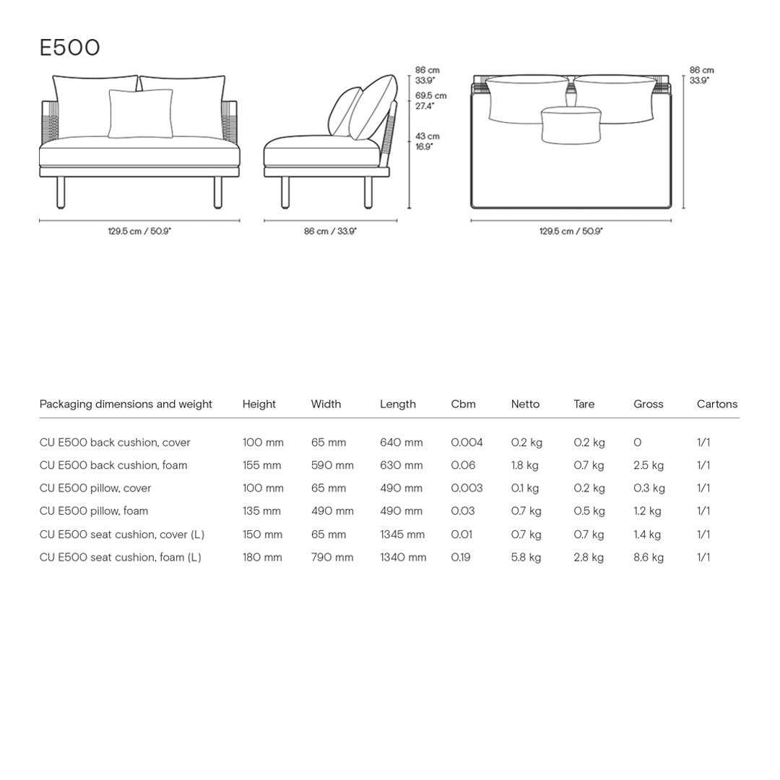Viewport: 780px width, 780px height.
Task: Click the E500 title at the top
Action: tap(69, 48)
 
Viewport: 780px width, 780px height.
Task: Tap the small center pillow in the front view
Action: tap(141, 113)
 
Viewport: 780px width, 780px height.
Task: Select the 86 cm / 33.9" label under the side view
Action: tap(330, 231)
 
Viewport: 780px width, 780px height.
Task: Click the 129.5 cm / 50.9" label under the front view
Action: tap(139, 231)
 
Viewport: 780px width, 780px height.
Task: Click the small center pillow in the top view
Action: tap(571, 124)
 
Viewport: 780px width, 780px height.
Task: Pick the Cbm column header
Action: tap(463, 404)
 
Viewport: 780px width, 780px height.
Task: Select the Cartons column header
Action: tap(716, 404)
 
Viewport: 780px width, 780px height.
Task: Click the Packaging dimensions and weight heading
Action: tap(126, 404)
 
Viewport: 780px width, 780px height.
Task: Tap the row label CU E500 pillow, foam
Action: tap(94, 511)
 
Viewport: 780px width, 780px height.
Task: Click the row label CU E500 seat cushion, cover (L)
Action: tap(122, 534)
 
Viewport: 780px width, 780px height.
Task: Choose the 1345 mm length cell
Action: tap(402, 534)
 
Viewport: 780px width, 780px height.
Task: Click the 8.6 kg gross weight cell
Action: tap(649, 557)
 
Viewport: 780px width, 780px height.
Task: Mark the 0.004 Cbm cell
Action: tap(467, 442)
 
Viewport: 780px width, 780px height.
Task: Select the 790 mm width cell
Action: tap(332, 557)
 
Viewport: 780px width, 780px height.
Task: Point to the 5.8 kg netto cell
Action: tap(526, 557)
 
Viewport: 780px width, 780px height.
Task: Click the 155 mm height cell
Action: tap(261, 465)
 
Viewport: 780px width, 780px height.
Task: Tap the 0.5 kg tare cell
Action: tap(589, 511)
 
